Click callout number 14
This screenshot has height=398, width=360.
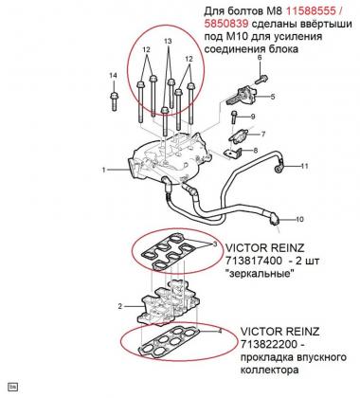[113, 76]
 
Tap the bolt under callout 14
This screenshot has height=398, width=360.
[114, 101]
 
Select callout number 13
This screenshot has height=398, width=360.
[168, 41]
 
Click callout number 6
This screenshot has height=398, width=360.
[260, 58]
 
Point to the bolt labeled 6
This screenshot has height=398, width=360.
[260, 80]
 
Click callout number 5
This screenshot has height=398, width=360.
[273, 97]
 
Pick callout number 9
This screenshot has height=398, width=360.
[253, 117]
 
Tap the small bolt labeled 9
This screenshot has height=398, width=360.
[234, 118]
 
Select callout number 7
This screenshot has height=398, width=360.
[262, 135]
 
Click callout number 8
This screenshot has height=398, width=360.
[255, 151]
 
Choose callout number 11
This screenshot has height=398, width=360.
[304, 166]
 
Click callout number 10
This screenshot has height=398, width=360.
[299, 219]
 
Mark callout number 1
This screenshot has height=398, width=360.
[103, 170]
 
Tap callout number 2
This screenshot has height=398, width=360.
[119, 306]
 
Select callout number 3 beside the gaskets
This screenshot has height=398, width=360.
[214, 244]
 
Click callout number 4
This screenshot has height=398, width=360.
[220, 331]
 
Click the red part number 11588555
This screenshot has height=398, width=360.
[311, 11]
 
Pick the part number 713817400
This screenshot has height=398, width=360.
[253, 261]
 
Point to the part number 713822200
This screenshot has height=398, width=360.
[269, 344]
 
